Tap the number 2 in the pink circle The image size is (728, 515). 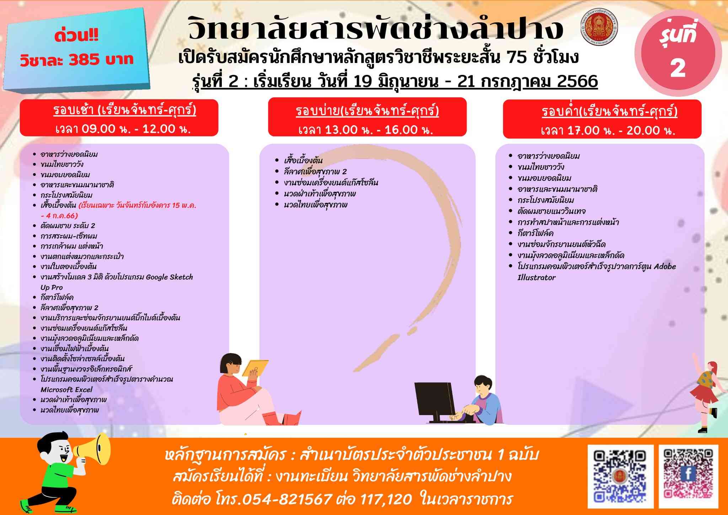678,68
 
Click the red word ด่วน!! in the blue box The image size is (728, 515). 76,37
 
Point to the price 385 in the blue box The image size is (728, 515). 84,59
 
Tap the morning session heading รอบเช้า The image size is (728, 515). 74,111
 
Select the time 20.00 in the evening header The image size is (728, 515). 642,131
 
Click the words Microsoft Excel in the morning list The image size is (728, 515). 66,389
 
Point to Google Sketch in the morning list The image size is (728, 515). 169,277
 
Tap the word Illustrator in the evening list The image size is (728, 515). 536,277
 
